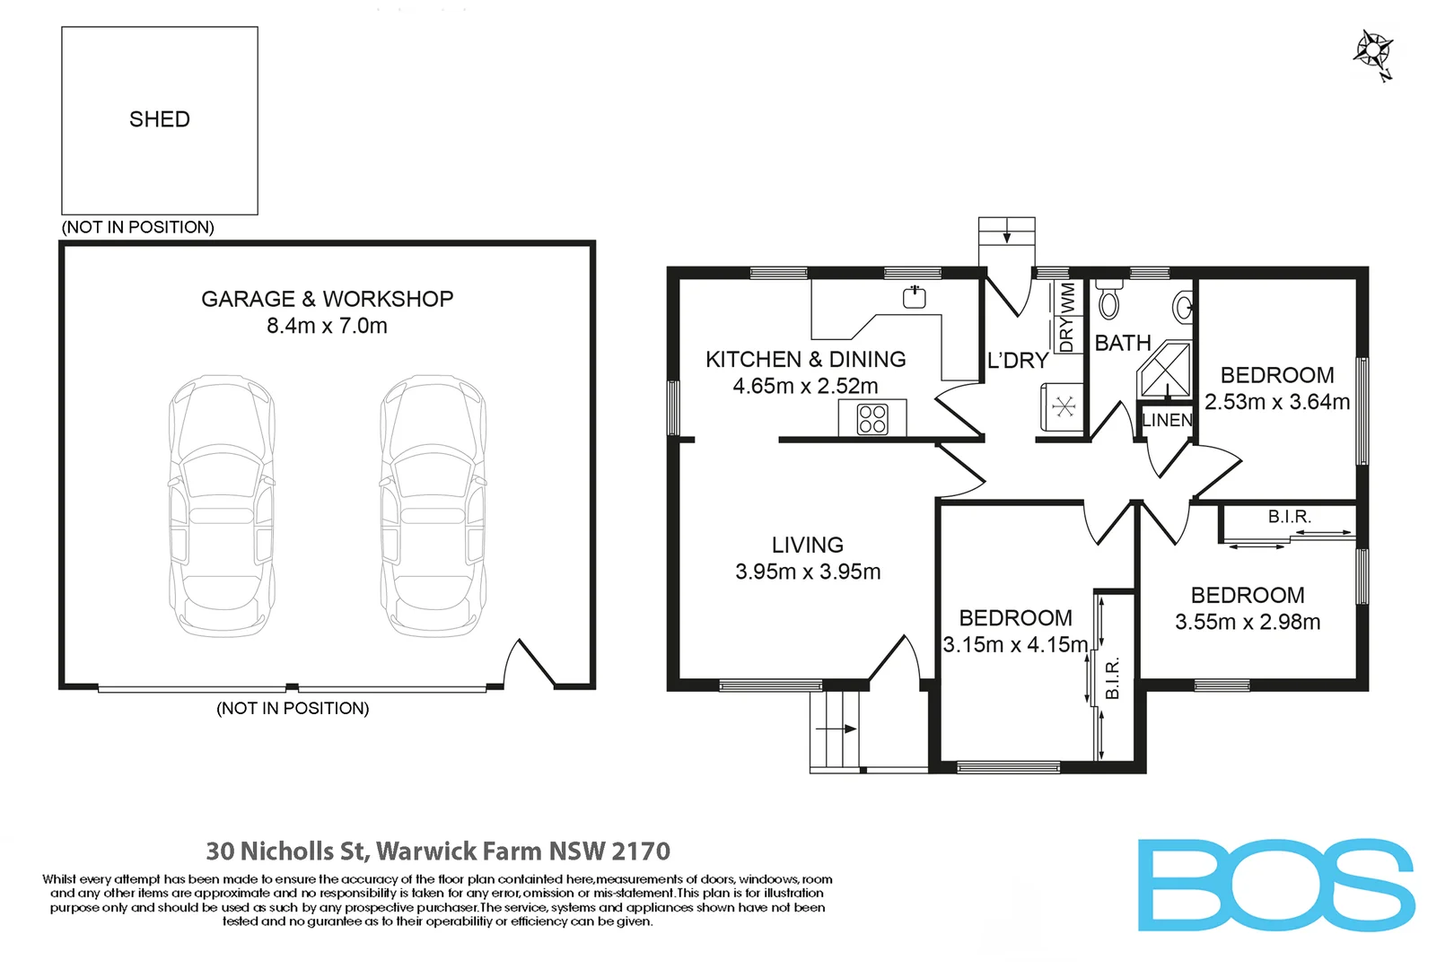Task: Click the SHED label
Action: coord(160,119)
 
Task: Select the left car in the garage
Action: coord(222,506)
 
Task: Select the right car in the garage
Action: coord(433,506)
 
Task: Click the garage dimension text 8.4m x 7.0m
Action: coord(327,325)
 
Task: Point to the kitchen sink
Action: coord(915,297)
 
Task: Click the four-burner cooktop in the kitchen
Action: coord(872,419)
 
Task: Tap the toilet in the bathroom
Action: coord(1108,299)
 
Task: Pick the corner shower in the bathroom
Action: coord(1164,369)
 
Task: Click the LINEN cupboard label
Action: coord(1167,420)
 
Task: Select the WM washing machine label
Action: coord(1067,299)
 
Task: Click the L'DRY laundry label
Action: coord(1018,360)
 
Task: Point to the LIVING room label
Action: coord(808,545)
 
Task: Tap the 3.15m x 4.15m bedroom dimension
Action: coord(1015,644)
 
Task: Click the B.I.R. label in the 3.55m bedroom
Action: coord(1290,517)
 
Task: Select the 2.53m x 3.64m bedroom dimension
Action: coord(1277,402)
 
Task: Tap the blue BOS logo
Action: coord(1276,885)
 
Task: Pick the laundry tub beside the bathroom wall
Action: coord(1063,407)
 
